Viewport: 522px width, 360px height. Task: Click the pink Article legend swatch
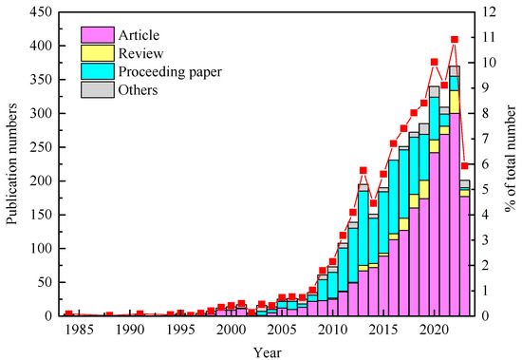coord(96,35)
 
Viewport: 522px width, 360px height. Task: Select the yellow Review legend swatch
coord(96,53)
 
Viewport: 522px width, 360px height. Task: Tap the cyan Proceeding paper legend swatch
coord(96,71)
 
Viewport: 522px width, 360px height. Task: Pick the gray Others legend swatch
coord(96,89)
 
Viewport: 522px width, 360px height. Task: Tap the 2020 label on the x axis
coord(434,329)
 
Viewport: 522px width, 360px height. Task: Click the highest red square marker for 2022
coord(455,40)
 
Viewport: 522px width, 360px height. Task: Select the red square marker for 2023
coord(465,165)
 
